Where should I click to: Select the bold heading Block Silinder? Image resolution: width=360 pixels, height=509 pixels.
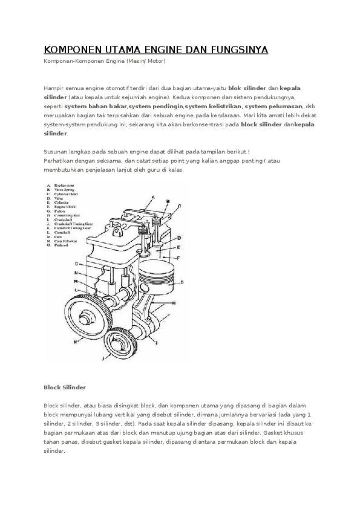[65, 387]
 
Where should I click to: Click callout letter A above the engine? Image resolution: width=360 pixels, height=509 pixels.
[153, 197]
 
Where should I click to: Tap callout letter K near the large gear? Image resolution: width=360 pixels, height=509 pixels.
[76, 342]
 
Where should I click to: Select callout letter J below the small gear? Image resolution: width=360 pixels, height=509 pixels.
[103, 358]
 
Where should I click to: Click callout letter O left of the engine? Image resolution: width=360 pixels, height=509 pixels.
[76, 264]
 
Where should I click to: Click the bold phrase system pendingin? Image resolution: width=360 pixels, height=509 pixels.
[155, 106]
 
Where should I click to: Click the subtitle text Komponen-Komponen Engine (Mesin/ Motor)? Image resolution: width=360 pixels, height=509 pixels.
[104, 61]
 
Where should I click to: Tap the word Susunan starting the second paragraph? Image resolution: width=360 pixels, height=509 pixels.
[57, 152]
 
